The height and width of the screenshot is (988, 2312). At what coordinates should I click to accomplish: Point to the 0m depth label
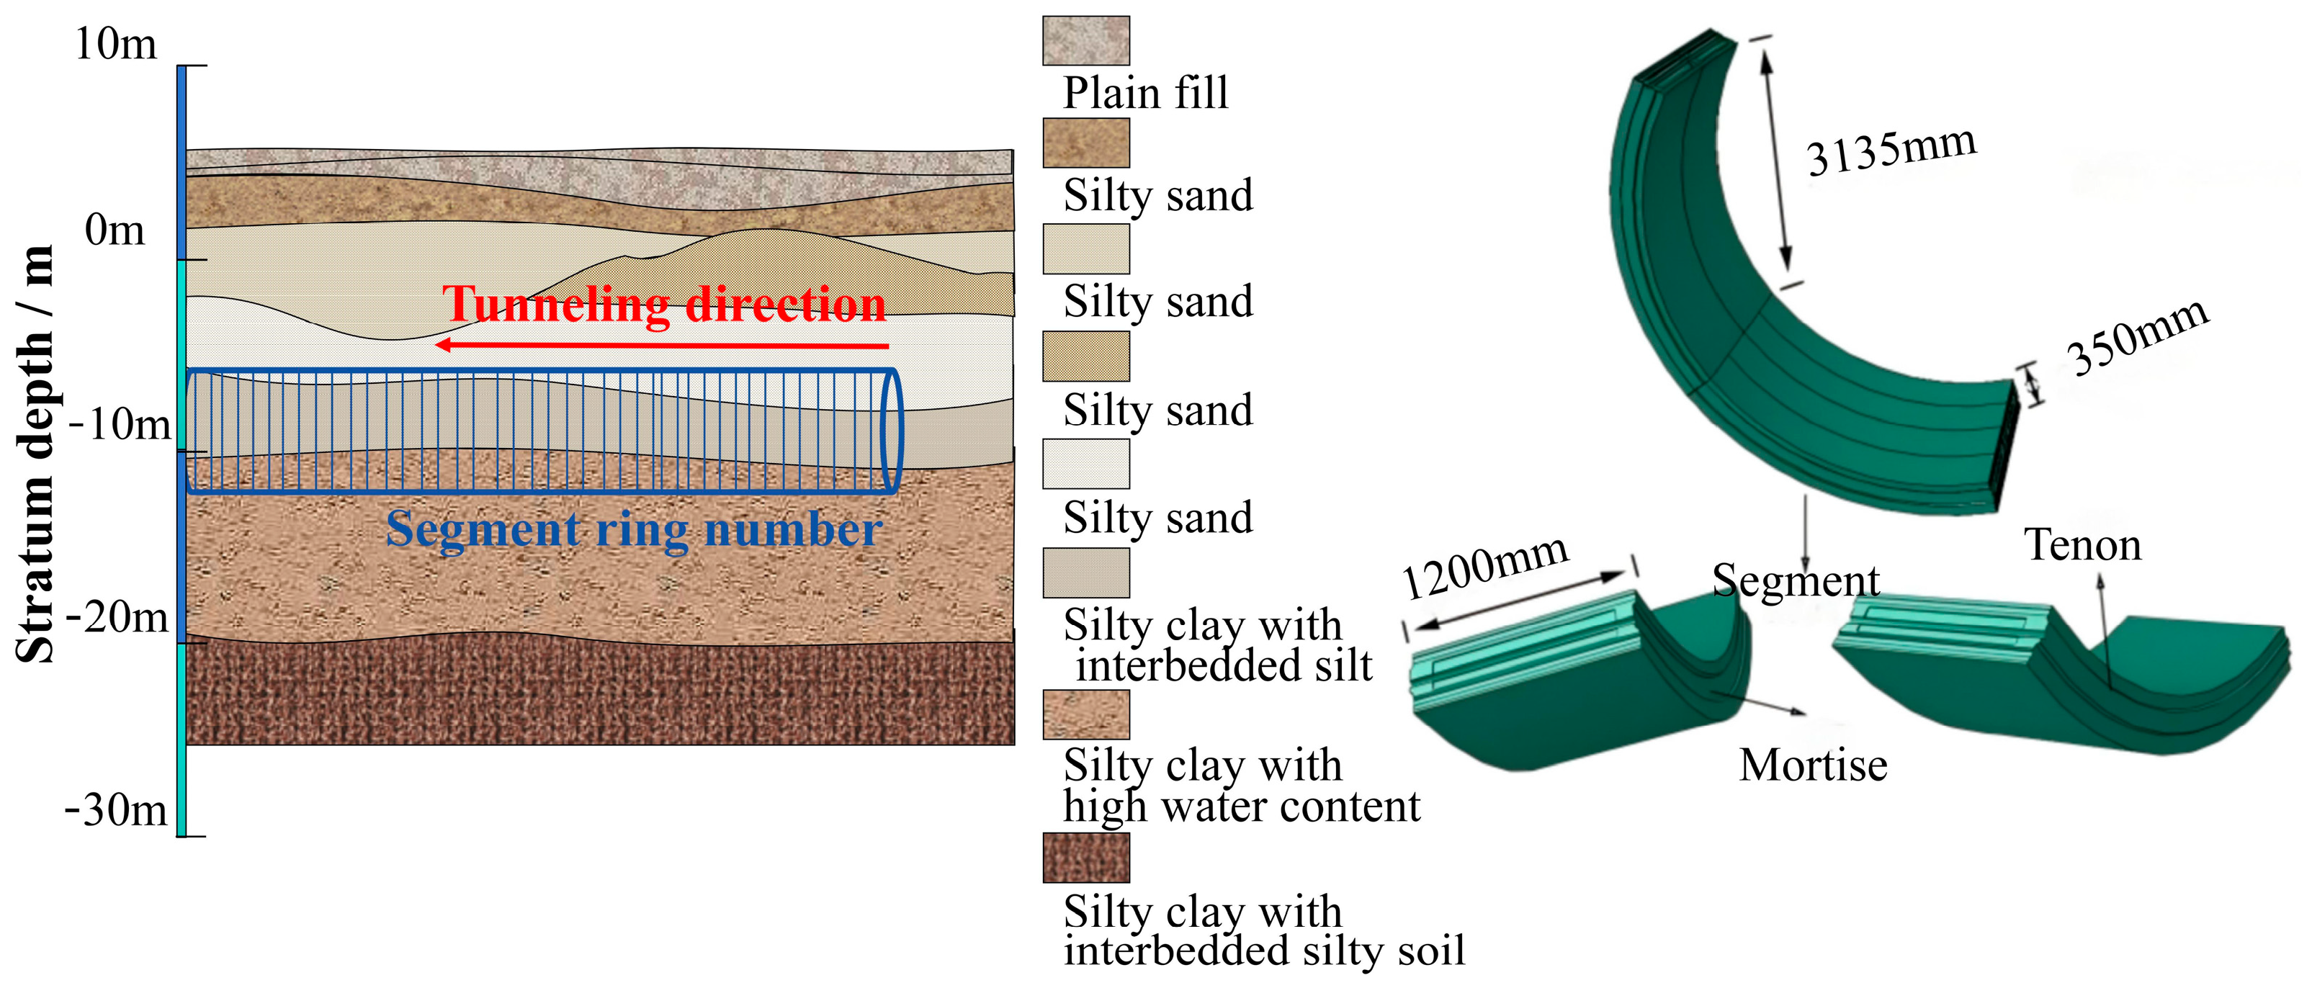pyautogui.click(x=114, y=230)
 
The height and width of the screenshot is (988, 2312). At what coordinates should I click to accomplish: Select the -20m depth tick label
pyautogui.click(x=117, y=616)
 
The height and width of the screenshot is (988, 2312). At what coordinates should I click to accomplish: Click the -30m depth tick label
pyautogui.click(x=116, y=810)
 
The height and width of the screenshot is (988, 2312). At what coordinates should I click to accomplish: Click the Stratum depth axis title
pyautogui.click(x=36, y=453)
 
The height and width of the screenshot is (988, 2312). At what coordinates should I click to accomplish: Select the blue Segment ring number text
pyautogui.click(x=634, y=529)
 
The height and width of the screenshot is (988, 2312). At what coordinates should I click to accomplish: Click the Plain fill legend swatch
pyautogui.click(x=1085, y=40)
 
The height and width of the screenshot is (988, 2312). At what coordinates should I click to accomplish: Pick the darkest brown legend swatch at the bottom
pyautogui.click(x=1085, y=857)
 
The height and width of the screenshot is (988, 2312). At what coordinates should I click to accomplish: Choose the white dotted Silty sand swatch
pyautogui.click(x=1085, y=463)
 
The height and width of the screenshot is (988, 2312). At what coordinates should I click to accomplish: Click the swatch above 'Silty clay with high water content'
pyautogui.click(x=1085, y=714)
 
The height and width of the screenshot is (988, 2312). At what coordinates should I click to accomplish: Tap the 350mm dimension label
pyautogui.click(x=2137, y=336)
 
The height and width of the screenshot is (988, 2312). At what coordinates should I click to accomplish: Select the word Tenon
pyautogui.click(x=2082, y=544)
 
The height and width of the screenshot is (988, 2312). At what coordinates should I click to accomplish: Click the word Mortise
pyautogui.click(x=1813, y=765)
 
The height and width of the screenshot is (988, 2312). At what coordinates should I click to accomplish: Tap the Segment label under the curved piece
pyautogui.click(x=1795, y=580)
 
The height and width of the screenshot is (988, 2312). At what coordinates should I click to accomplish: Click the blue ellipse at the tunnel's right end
pyautogui.click(x=890, y=431)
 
